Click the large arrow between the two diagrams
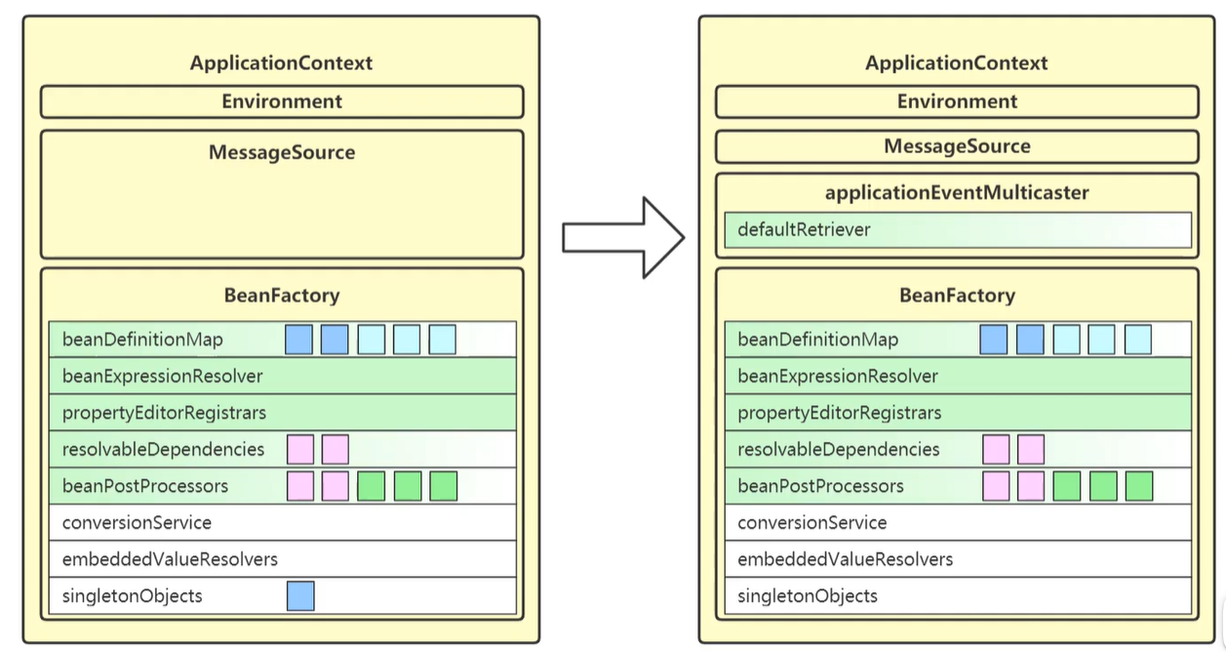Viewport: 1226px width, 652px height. click(x=624, y=238)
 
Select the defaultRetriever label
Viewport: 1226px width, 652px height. click(x=804, y=229)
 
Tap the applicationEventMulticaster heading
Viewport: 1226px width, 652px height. click(x=957, y=193)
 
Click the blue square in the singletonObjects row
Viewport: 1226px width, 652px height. click(x=300, y=595)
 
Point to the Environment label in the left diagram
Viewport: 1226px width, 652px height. click(x=282, y=102)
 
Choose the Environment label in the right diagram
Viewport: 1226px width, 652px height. click(x=957, y=102)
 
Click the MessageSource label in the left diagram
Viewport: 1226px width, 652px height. click(x=282, y=152)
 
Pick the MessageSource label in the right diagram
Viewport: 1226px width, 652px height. click(x=957, y=146)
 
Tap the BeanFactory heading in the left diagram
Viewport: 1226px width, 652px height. click(x=282, y=296)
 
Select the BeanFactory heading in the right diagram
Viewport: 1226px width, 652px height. click(x=957, y=296)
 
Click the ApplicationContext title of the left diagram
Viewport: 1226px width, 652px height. click(x=281, y=63)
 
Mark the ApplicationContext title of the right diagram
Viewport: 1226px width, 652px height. click(x=957, y=63)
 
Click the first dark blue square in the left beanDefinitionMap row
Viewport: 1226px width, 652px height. click(x=298, y=339)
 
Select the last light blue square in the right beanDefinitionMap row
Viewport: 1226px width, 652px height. click(x=1138, y=339)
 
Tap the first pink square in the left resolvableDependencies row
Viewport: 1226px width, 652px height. click(x=300, y=449)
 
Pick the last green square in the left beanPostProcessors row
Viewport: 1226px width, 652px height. click(x=444, y=486)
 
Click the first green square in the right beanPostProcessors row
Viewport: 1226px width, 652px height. click(x=1067, y=486)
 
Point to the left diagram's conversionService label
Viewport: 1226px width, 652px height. click(x=137, y=523)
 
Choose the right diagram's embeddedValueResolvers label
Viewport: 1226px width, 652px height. click(x=845, y=559)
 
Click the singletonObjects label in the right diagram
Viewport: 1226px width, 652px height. click(x=808, y=596)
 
